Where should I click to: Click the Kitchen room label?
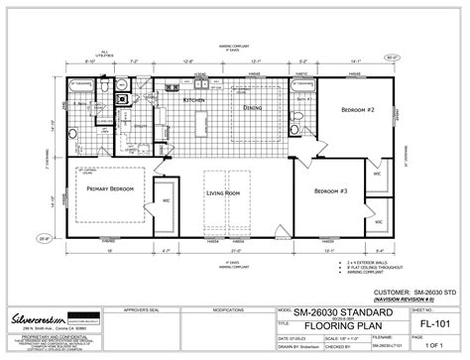click(x=194, y=100)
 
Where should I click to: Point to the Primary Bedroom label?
click(x=109, y=187)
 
